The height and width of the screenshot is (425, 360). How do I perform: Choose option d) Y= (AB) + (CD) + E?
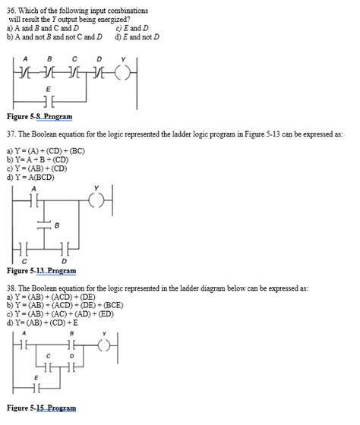tap(46, 323)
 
